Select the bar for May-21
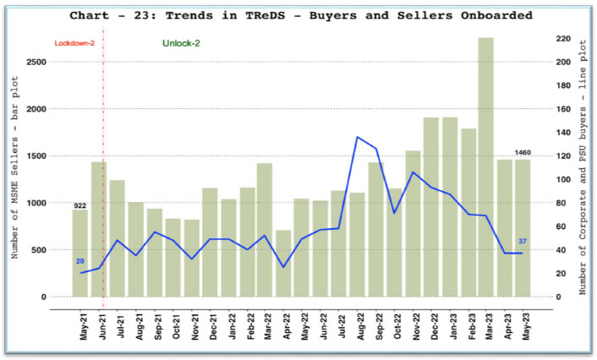[80, 254]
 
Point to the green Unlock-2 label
[181, 44]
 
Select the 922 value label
[79, 205]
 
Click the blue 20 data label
[80, 261]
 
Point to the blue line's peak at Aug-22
[358, 137]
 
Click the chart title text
[301, 15]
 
